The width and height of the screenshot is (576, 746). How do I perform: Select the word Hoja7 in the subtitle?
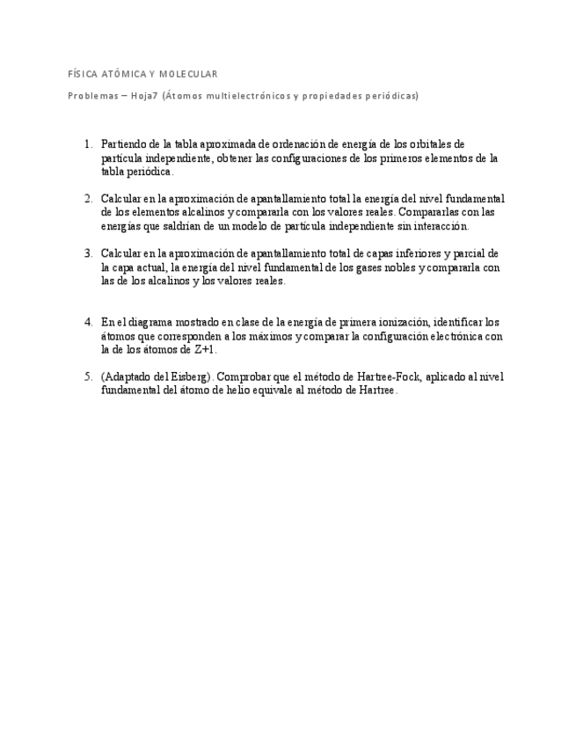[x=145, y=96]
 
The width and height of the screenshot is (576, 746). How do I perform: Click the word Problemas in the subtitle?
[x=92, y=96]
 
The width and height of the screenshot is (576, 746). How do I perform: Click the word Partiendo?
[x=121, y=144]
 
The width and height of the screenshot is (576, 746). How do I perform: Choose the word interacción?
[x=441, y=226]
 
